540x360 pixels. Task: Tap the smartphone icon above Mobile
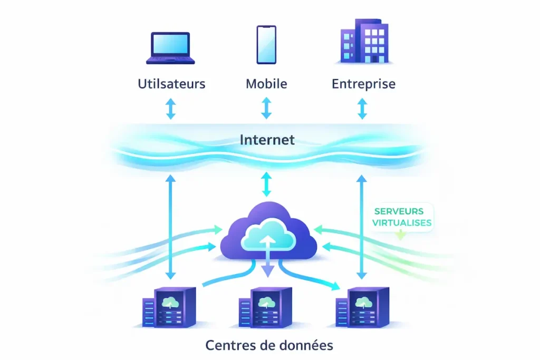pyautogui.click(x=266, y=45)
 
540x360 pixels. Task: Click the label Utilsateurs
pyautogui.click(x=171, y=84)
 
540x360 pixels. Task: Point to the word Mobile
pyautogui.click(x=266, y=84)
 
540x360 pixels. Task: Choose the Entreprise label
pyautogui.click(x=363, y=84)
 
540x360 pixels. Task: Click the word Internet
pyautogui.click(x=267, y=140)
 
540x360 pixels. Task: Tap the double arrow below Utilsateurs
pyautogui.click(x=170, y=109)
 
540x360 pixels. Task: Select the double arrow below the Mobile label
pyautogui.click(x=266, y=108)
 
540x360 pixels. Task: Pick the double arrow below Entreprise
pyautogui.click(x=362, y=109)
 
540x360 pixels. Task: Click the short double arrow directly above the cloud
pyautogui.click(x=266, y=185)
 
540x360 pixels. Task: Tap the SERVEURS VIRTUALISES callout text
pyautogui.click(x=402, y=217)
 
